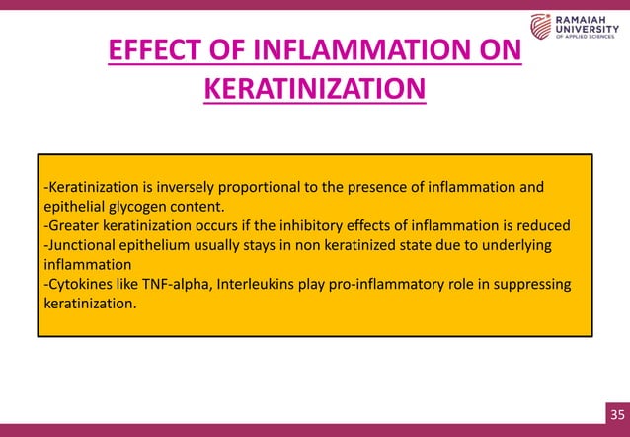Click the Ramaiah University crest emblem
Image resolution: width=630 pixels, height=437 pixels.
point(542,29)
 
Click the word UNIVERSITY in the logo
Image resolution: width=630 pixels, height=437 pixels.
point(590,30)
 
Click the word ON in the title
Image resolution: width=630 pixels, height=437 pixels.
point(500,50)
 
